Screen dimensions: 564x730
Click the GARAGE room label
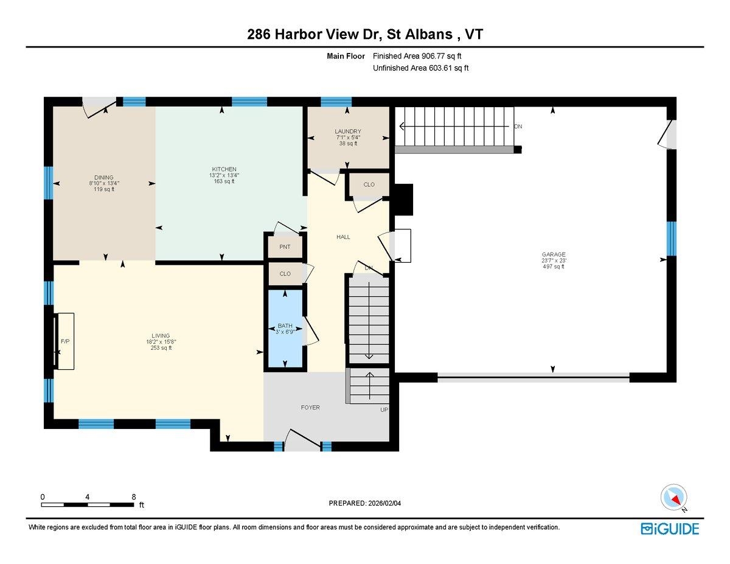pyautogui.click(x=553, y=255)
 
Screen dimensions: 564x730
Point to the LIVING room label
pyautogui.click(x=161, y=336)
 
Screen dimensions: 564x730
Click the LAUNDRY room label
pyautogui.click(x=348, y=131)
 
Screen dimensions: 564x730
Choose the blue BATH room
pyautogui.click(x=285, y=329)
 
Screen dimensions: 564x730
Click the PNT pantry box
pyautogui.click(x=285, y=247)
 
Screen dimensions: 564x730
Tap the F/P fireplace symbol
pyautogui.click(x=64, y=341)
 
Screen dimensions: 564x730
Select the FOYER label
pyautogui.click(x=310, y=408)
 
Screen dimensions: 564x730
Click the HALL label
pyautogui.click(x=343, y=237)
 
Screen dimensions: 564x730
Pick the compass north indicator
pyautogui.click(x=674, y=498)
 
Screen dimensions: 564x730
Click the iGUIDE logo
pyautogui.click(x=670, y=528)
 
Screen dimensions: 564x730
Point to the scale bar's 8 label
pyautogui.click(x=134, y=496)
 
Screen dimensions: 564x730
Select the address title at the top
pyautogui.click(x=365, y=35)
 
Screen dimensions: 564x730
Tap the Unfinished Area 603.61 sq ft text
pyautogui.click(x=420, y=68)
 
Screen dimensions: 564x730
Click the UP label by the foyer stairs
pyautogui.click(x=384, y=409)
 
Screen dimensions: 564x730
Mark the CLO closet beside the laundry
pyautogui.click(x=369, y=184)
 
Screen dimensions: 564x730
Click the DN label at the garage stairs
pyautogui.click(x=518, y=127)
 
